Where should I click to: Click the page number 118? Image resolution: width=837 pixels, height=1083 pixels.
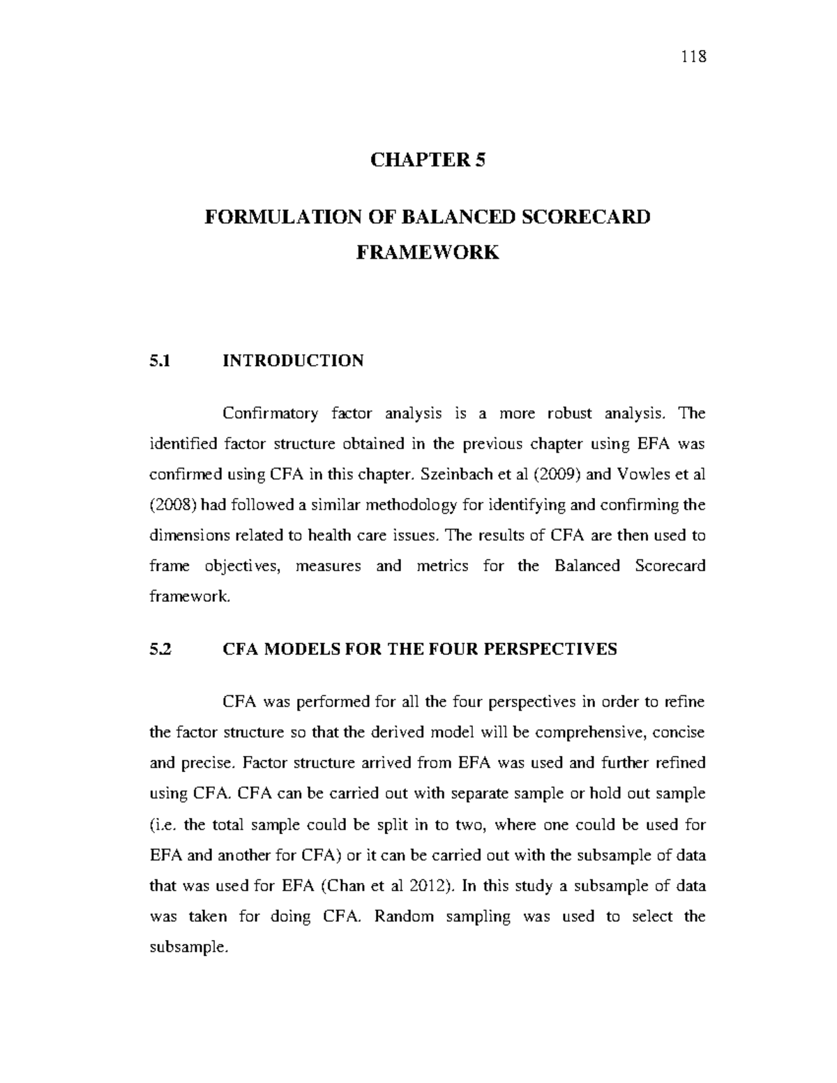pyautogui.click(x=695, y=56)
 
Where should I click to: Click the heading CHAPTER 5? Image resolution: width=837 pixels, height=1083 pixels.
pyautogui.click(x=427, y=160)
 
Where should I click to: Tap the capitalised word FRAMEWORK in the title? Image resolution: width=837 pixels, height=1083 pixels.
pyautogui.click(x=428, y=252)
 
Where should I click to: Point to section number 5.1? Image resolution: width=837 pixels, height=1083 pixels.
pyautogui.click(x=160, y=361)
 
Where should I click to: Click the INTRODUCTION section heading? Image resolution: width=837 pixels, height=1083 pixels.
pyautogui.click(x=293, y=361)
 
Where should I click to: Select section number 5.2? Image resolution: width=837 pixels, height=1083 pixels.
pyautogui.click(x=160, y=649)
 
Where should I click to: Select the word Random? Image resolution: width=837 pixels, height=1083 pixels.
pyautogui.click(x=404, y=916)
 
